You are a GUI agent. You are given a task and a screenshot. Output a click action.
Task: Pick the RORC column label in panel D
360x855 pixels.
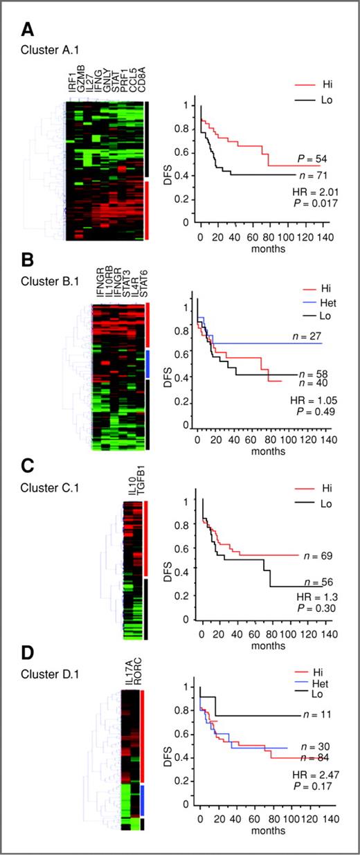(136, 677)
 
